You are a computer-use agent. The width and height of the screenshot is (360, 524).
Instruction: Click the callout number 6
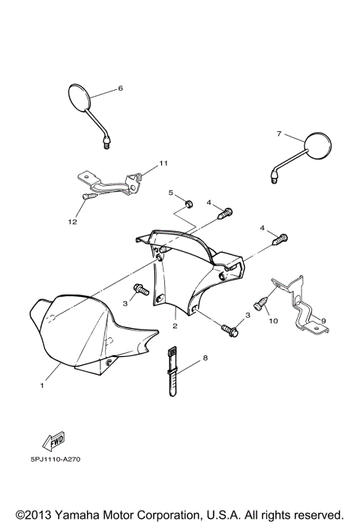click(120, 88)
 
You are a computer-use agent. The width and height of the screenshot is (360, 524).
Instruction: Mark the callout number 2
click(175, 326)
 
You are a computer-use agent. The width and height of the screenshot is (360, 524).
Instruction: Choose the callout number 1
click(43, 386)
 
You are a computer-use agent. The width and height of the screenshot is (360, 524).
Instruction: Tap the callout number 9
click(324, 321)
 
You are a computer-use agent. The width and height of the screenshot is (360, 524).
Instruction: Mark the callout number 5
click(170, 193)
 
